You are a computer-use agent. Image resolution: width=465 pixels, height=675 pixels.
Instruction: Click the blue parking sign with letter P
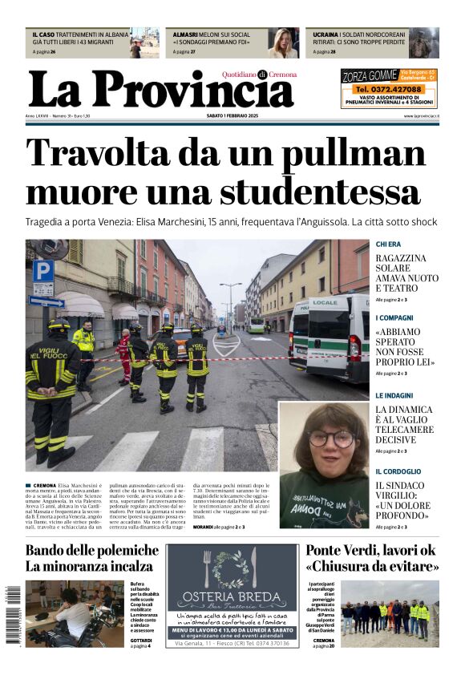coord(43,270)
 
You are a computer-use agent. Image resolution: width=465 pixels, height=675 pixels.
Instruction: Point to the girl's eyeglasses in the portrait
coord(330,439)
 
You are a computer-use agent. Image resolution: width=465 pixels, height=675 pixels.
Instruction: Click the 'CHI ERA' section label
coord(388,244)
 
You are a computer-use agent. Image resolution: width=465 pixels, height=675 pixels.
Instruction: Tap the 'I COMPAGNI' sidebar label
coord(394,317)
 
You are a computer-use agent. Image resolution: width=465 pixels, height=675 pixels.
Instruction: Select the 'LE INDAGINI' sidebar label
coord(394,395)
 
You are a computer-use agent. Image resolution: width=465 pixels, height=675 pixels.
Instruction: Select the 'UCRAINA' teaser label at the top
coord(325,34)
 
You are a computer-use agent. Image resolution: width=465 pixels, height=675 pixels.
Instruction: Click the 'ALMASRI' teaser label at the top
coord(186,34)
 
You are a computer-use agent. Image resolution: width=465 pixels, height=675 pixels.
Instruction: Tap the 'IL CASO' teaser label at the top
coord(43,34)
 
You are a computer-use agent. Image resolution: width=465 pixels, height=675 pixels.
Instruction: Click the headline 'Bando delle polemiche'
coord(92,550)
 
